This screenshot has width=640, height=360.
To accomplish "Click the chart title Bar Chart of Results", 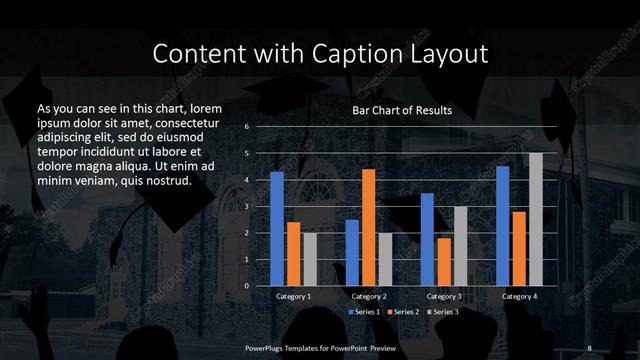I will coord(402,110).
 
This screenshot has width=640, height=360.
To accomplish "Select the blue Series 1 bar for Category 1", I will coord(277,228).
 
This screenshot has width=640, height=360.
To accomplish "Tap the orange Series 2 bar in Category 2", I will coord(369,227).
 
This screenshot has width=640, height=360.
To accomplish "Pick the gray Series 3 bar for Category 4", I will coord(535,219).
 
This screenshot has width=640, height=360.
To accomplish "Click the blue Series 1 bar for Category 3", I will coord(427,239).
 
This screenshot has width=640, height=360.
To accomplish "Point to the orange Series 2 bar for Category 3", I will coord(443,261).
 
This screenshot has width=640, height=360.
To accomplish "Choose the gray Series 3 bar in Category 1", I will coord(310,259).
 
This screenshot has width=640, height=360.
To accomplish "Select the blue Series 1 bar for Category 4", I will coord(502,225).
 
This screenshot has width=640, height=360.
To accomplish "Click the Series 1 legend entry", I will coord(365,312).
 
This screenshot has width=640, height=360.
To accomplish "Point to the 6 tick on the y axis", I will coord(246,127).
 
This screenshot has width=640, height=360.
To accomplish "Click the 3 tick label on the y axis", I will coord(246,206).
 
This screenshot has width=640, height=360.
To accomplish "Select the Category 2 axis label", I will coord(369,297).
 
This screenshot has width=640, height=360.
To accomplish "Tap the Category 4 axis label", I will coord(519,297).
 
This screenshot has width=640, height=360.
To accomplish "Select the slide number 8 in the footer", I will coord(589,347).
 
